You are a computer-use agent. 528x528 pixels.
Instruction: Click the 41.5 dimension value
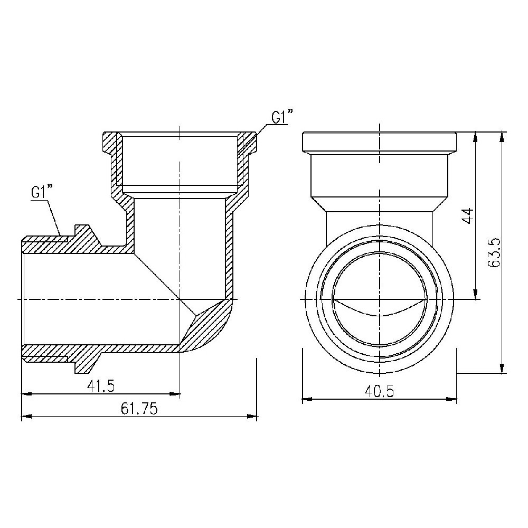[x=101, y=386]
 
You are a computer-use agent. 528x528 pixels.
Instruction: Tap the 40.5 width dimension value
[x=379, y=391]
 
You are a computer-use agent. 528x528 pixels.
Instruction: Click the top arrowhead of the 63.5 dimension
[x=502, y=137]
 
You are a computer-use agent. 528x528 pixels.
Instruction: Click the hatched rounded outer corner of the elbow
[x=211, y=327]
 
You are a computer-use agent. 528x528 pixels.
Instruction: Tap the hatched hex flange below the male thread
[x=84, y=362]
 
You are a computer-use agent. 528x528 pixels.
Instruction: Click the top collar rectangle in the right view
[x=379, y=142]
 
